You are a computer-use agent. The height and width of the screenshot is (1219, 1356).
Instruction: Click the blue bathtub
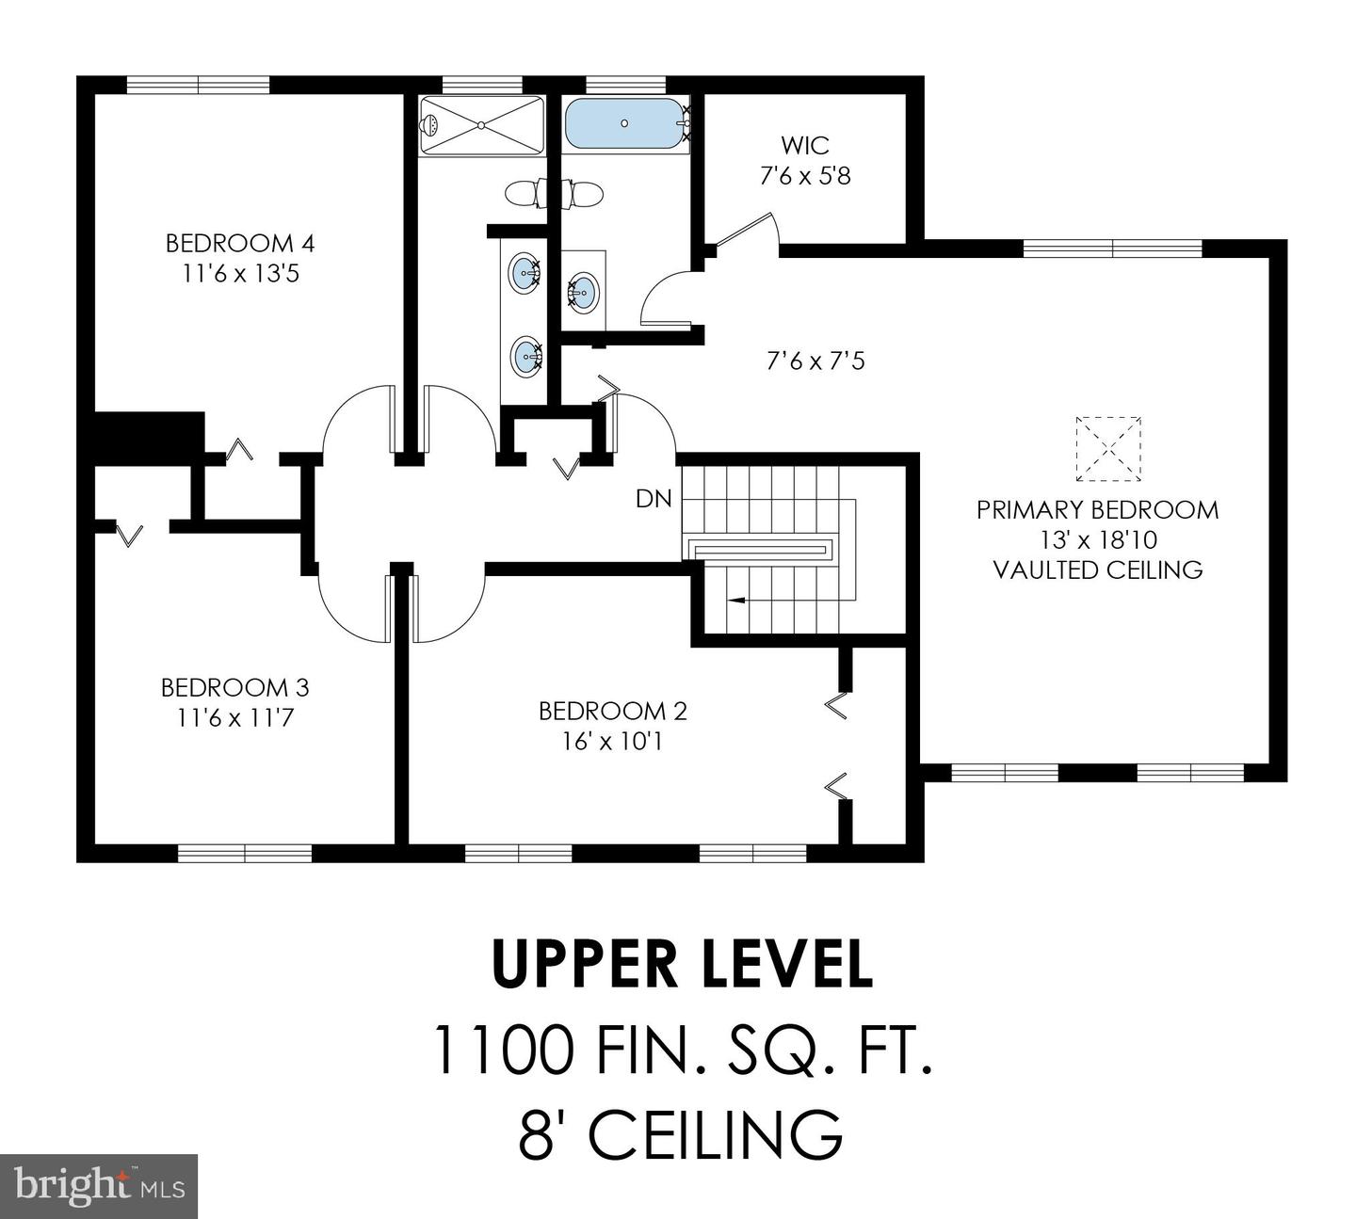pos(623,123)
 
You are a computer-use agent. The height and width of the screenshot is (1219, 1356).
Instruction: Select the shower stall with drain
pos(481,125)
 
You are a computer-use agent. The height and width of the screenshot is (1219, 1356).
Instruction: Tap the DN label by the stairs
pos(654,499)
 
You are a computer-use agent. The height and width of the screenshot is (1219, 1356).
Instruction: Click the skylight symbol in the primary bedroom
pos(1107,448)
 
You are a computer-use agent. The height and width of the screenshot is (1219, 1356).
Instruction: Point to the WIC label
pos(805,146)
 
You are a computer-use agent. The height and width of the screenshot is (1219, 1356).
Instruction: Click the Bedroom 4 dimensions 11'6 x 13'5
pos(240,275)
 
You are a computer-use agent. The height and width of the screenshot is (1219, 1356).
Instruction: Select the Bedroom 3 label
pos(235,688)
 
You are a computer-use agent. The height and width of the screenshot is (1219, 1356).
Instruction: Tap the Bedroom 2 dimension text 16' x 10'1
pos(613,742)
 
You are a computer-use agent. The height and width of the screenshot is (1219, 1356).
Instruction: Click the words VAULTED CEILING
pos(1098,570)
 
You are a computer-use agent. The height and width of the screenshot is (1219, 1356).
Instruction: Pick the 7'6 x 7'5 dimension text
pos(815,361)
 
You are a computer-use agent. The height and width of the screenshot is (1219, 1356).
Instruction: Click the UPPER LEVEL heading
pos(682,965)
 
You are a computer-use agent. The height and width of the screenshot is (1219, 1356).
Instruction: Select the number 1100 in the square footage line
pos(502,1051)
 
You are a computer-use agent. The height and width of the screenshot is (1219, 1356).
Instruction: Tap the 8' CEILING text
pos(680,1134)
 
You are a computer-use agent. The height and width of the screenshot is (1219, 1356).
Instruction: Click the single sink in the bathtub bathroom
pos(582,291)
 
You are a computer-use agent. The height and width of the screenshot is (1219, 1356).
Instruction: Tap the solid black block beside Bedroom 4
pos(148,437)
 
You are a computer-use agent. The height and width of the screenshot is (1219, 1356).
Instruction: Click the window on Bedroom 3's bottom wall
pos(245,853)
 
